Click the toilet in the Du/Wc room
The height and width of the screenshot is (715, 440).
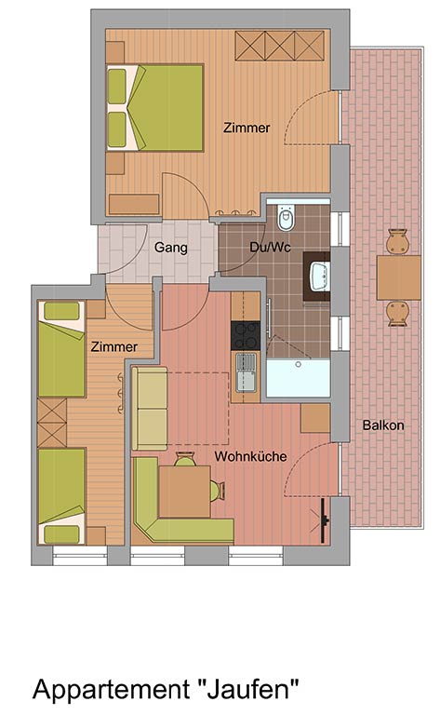point(287,219)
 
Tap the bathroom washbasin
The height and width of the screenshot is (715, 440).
point(319,276)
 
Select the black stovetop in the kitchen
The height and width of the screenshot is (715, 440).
point(246,335)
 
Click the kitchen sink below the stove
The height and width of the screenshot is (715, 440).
point(246,373)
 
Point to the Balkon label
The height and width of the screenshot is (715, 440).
point(383,425)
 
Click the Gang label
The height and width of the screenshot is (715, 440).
point(171,248)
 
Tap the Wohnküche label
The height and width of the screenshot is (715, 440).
point(250,456)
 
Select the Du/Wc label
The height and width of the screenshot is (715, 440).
point(270,247)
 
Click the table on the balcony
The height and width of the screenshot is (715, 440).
point(398,277)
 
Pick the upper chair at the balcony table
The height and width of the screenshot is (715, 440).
point(397,241)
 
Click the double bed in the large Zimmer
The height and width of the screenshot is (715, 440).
point(154,108)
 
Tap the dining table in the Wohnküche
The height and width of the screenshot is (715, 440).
point(184,492)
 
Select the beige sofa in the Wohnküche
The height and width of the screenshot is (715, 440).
point(150,408)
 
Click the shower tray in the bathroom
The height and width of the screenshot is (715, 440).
point(298,378)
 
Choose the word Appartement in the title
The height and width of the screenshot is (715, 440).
point(111,690)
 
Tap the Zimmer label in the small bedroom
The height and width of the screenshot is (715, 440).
point(113,346)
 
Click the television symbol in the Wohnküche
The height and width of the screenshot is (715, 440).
point(323,520)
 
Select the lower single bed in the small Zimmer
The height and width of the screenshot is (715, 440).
point(61,496)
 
